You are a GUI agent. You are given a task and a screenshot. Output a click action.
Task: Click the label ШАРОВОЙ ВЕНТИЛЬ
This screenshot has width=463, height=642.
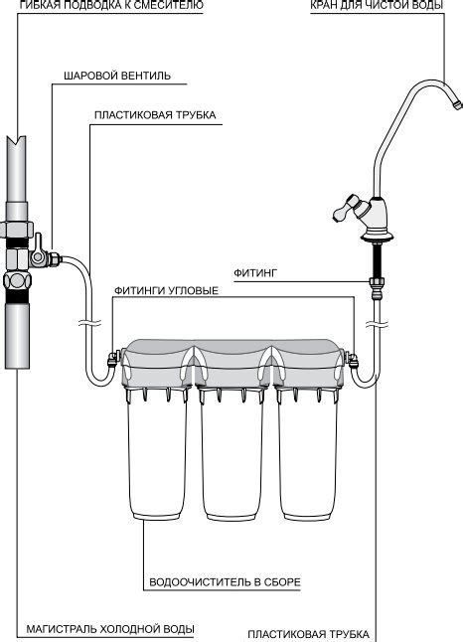click(117, 77)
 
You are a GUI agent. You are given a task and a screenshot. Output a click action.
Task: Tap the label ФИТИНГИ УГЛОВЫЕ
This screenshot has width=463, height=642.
click(166, 291)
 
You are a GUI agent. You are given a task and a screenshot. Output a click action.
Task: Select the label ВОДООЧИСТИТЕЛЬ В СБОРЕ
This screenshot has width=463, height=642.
click(225, 582)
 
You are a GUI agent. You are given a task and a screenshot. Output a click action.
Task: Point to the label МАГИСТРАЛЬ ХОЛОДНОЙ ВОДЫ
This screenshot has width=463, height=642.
click(110, 629)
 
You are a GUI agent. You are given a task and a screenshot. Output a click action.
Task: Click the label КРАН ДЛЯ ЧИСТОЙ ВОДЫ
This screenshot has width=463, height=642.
click(377, 5)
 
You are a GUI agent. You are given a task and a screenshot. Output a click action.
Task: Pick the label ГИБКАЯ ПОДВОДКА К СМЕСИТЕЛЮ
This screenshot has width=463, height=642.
click(111, 5)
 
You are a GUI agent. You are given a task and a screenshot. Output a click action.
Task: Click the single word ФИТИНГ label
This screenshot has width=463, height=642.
click(255, 272)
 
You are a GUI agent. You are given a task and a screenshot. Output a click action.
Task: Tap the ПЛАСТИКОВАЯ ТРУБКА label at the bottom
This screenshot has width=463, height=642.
click(309, 634)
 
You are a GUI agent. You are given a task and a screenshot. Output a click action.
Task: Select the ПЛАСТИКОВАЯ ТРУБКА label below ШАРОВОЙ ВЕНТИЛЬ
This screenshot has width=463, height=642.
click(155, 115)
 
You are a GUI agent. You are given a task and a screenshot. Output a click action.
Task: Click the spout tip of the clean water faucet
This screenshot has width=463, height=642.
click(456, 103)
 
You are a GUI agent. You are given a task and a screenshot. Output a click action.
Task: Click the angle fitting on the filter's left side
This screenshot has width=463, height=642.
click(113, 359)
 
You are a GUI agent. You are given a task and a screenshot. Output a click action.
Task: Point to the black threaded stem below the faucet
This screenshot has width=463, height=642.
click(377, 259)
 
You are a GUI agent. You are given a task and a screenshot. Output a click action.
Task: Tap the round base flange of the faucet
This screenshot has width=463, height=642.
click(377, 237)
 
